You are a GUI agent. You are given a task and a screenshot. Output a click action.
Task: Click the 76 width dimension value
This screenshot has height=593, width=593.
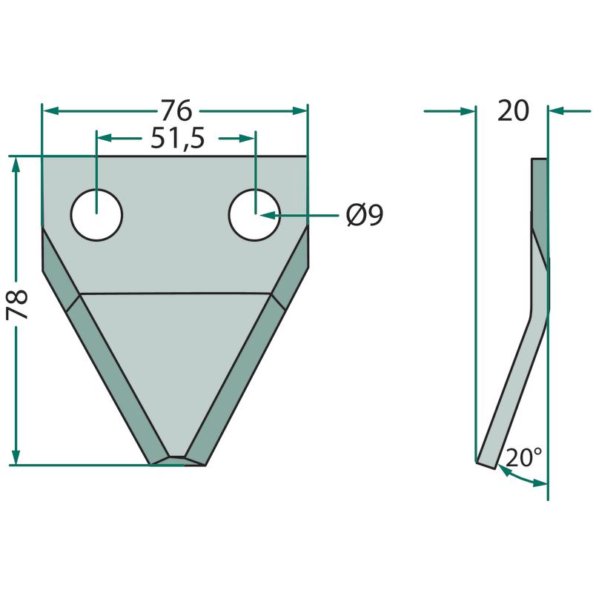(176, 110)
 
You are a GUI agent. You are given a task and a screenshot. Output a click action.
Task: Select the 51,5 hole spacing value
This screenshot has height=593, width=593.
(178, 139)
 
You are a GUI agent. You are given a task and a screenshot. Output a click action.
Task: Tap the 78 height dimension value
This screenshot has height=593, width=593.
(17, 305)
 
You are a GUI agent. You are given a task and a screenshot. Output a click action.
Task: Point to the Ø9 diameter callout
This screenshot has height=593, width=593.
(365, 215)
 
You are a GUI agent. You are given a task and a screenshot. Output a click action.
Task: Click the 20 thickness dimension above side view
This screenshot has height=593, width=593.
(513, 110)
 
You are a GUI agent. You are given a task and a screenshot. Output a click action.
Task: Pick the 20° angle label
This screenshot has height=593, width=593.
(523, 457)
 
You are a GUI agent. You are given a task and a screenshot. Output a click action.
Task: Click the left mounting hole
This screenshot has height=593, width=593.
(97, 215)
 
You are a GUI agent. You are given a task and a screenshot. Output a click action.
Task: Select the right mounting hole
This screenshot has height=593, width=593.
(254, 215)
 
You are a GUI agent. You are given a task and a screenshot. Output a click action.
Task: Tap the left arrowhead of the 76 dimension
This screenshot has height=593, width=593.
(50, 110)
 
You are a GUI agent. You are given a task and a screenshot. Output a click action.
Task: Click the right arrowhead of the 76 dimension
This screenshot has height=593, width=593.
(299, 110)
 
